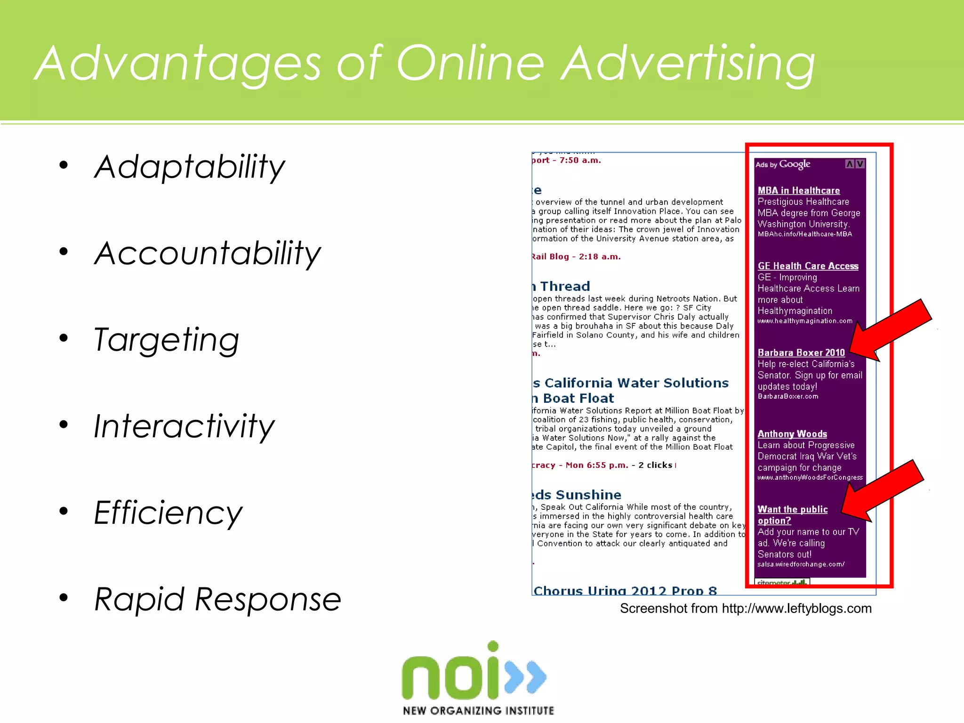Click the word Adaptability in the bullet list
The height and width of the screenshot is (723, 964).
pos(189,167)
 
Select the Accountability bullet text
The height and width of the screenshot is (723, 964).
pos(207,253)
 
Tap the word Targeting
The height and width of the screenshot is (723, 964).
pos(167,340)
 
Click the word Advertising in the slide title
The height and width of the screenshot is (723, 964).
pos(688,64)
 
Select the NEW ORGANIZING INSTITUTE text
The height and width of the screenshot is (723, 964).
pos(478,710)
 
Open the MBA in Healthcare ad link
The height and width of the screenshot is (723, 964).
pos(798,191)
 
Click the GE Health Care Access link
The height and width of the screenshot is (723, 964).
pos(808,266)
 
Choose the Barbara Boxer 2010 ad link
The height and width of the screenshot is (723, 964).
pos(801,353)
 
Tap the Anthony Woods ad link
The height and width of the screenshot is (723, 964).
pos(792,434)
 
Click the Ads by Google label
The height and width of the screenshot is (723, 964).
pos(783,164)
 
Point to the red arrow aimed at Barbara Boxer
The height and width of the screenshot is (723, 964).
pos(890,329)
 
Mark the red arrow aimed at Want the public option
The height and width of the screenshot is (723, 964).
pos(883,490)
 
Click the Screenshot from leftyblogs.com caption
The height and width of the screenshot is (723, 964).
pos(746,609)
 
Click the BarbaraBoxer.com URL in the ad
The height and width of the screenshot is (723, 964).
pos(787,396)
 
